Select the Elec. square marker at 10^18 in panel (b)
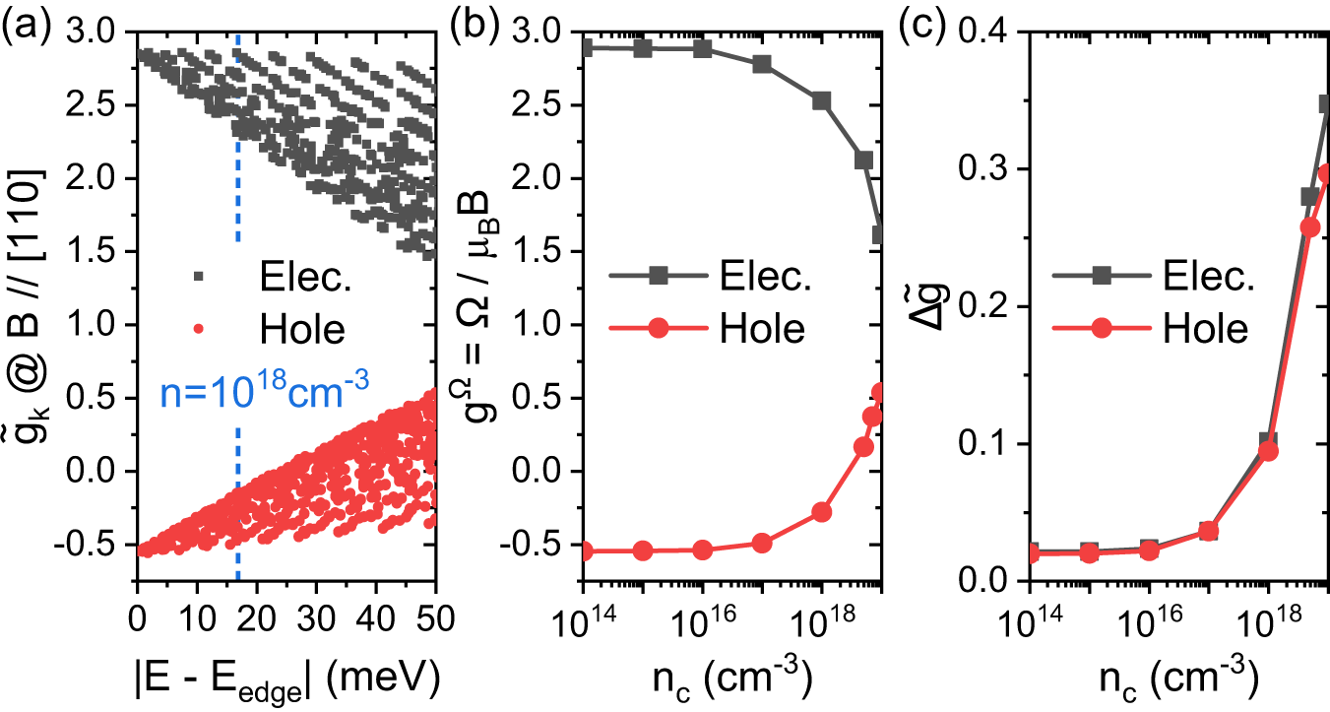point(821,101)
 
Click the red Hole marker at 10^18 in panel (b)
point(821,512)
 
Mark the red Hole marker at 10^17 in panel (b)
point(761,543)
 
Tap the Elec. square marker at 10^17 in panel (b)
point(761,64)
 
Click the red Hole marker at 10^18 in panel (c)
point(1268,451)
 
